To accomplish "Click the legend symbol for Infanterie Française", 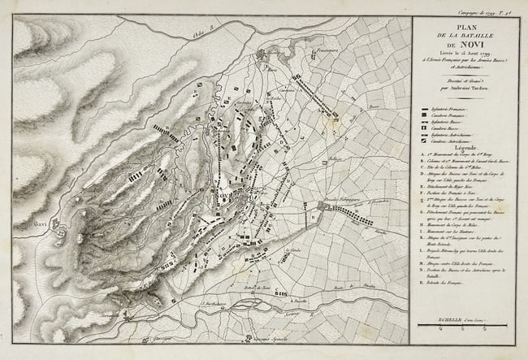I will pyautogui.click(x=426, y=108).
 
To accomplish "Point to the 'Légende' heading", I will pyautogui.click(x=464, y=149).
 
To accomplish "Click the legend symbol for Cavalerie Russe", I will pyautogui.click(x=426, y=128).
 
